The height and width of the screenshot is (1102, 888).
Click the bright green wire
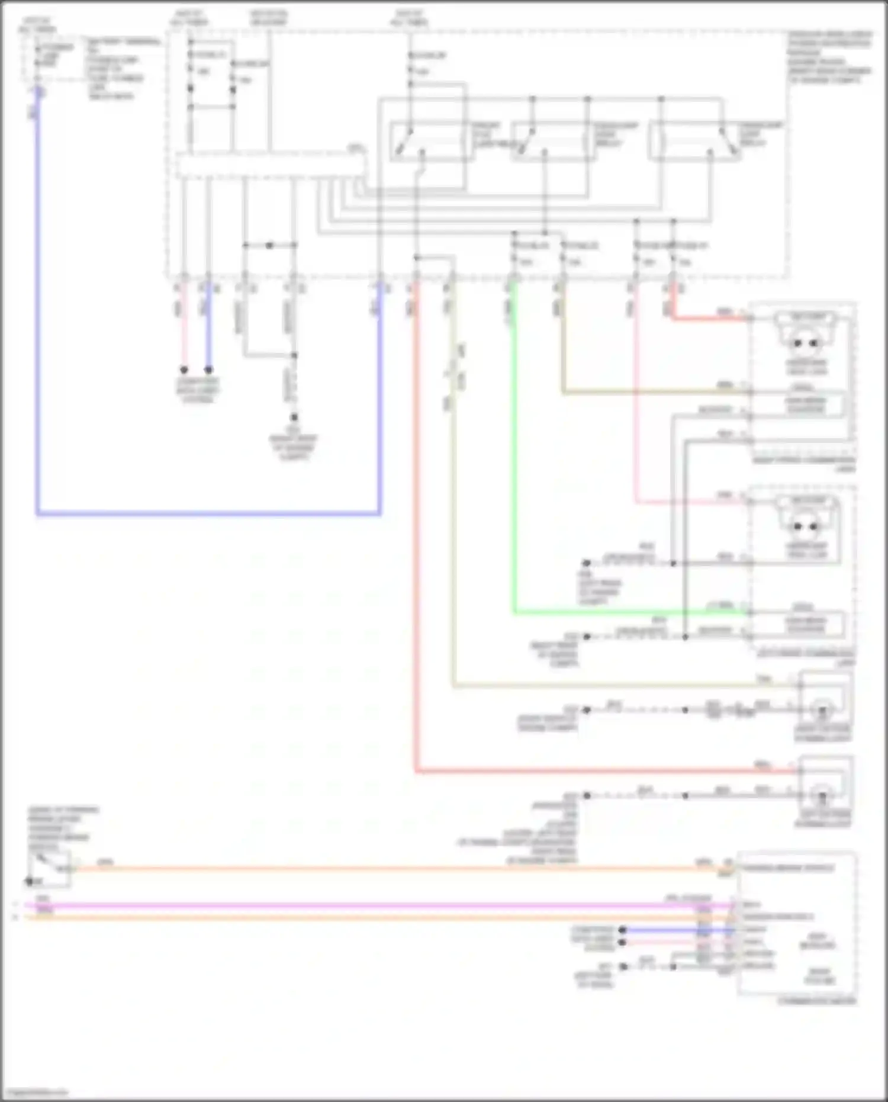[514, 474]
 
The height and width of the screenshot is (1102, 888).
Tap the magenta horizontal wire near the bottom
[355, 905]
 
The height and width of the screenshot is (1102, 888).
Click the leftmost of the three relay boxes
[430, 142]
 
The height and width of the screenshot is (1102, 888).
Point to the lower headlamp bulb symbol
[806, 526]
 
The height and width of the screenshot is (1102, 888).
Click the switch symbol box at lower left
[49, 869]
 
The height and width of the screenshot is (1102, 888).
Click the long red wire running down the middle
[416, 533]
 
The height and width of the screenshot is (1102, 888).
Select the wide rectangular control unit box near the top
[269, 165]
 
